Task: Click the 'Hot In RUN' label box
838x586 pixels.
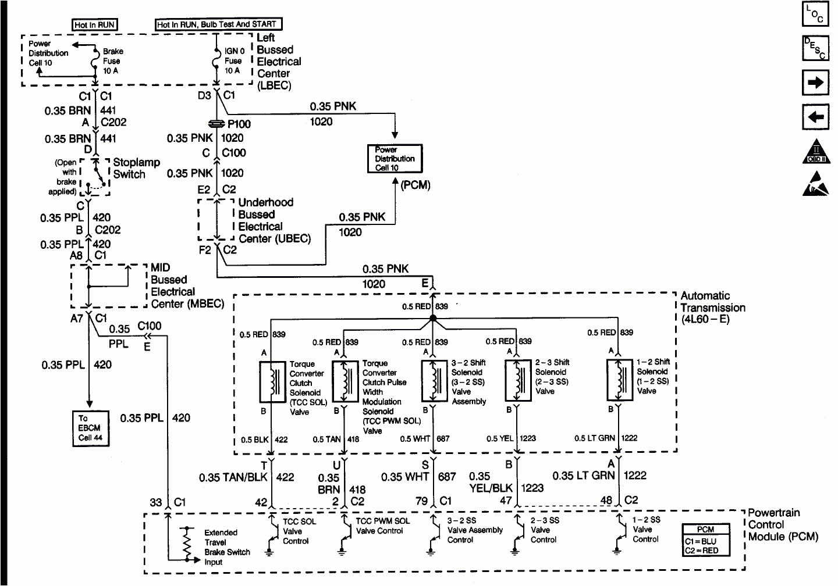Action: tap(95, 24)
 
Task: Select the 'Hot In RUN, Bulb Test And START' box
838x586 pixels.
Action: tap(218, 24)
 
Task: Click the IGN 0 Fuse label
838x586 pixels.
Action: tap(234, 60)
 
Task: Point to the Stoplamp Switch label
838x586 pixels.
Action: tap(136, 168)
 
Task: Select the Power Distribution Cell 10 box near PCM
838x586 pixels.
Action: tap(394, 159)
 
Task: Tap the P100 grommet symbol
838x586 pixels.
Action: tap(216, 123)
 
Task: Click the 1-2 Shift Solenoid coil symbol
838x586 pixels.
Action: tap(620, 380)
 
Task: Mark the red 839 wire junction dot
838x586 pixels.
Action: tap(432, 318)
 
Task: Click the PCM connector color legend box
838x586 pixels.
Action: tap(705, 541)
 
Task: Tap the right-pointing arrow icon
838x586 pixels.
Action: tap(815, 83)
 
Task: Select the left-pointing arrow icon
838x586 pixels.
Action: tap(815, 117)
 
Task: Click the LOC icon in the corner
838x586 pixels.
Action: tap(815, 15)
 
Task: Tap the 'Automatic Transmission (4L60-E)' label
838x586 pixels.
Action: tap(712, 308)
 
